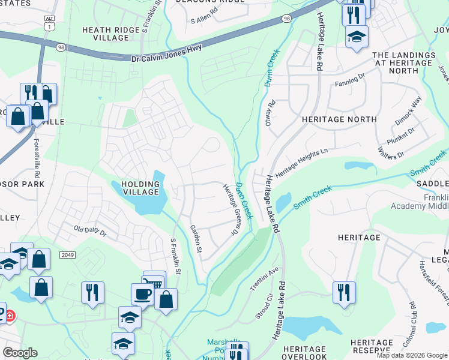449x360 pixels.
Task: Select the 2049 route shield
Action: [67, 255]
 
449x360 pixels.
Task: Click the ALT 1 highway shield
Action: [49, 22]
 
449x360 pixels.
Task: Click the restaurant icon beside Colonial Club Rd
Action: [344, 292]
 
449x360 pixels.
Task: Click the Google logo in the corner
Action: [20, 353]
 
